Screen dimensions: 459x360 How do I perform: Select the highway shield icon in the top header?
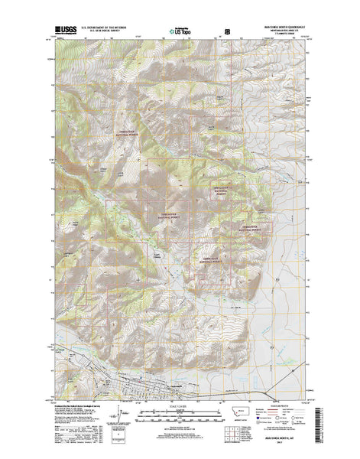(226, 32)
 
